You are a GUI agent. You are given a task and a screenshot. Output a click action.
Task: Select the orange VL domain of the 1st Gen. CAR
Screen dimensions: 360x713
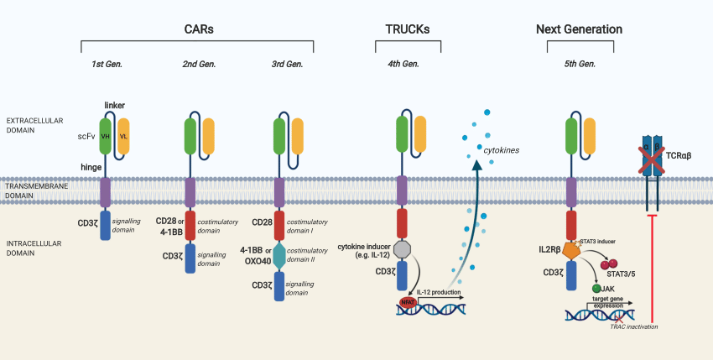(124, 136)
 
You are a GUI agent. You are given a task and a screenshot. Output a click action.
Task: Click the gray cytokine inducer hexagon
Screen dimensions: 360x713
(401, 250)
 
